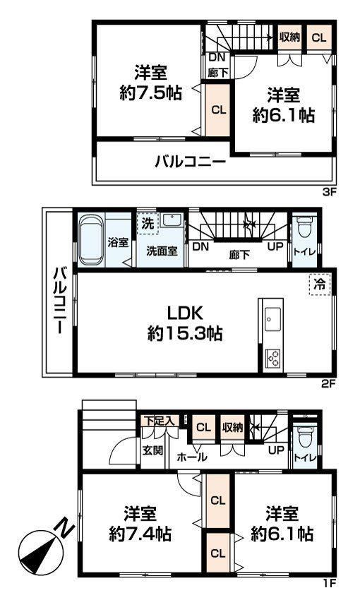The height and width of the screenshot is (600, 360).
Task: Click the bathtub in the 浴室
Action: [x=92, y=240]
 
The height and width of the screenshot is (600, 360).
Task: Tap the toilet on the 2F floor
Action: [x=305, y=227]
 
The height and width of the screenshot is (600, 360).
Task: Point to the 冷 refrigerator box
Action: [x=320, y=284]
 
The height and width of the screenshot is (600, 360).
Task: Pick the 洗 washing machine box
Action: [x=148, y=224]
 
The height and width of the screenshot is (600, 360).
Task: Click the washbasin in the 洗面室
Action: [x=172, y=221]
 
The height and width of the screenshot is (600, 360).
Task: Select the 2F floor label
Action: [x=328, y=384]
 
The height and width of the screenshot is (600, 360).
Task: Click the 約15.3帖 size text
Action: [x=185, y=334]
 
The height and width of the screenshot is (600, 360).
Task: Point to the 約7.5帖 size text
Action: [x=150, y=93]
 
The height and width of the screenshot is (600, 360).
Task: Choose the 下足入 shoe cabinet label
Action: [x=160, y=421]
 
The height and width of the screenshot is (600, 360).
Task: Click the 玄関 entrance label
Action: [x=153, y=450]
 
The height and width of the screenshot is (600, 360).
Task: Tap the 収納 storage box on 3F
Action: [x=289, y=37]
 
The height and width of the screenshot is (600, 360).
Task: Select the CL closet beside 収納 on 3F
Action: [x=318, y=37]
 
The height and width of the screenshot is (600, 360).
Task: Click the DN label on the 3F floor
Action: [x=217, y=57]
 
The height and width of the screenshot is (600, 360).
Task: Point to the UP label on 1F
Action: [x=276, y=450]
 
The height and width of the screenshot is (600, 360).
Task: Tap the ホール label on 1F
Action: [x=193, y=457]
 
